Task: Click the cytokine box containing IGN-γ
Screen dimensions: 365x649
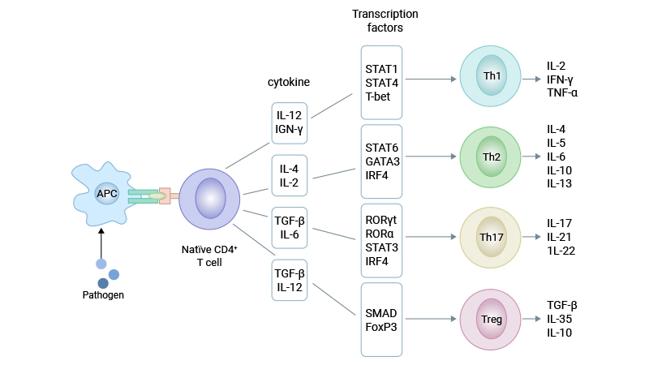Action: (x=290, y=122)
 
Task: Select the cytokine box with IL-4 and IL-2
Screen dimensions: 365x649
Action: (x=290, y=176)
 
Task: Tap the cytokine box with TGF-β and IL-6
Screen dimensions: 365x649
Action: (x=290, y=229)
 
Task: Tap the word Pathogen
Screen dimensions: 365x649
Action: (x=103, y=295)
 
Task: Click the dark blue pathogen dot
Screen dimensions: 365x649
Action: (x=103, y=282)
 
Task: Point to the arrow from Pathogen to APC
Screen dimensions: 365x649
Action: (x=101, y=241)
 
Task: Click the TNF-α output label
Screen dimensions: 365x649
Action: (x=562, y=92)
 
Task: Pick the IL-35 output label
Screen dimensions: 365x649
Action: (x=561, y=319)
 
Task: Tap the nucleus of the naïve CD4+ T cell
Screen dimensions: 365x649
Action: (x=209, y=197)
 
